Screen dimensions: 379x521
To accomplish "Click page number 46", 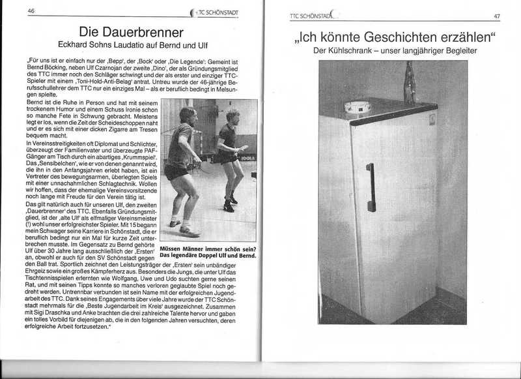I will coord(30,11).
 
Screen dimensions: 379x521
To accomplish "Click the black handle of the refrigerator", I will coord(371,187).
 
